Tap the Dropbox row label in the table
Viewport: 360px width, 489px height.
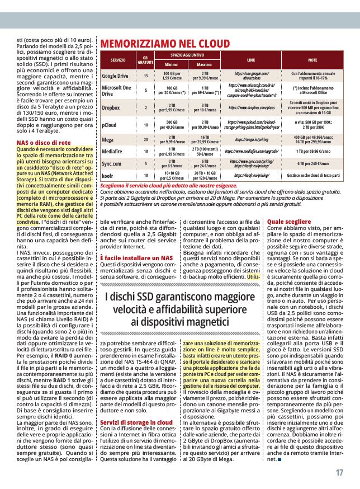tap(111, 107)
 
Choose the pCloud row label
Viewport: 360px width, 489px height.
tap(109, 125)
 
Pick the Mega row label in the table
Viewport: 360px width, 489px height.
tap(108, 139)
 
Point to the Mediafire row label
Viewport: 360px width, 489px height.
tap(113, 151)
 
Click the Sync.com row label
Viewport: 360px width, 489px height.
tap(113, 163)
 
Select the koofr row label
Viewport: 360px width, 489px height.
tap(108, 176)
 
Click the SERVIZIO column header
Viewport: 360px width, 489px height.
tap(118, 59)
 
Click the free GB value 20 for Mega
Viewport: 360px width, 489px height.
tap(146, 139)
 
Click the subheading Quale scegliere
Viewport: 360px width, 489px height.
tap(290, 222)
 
